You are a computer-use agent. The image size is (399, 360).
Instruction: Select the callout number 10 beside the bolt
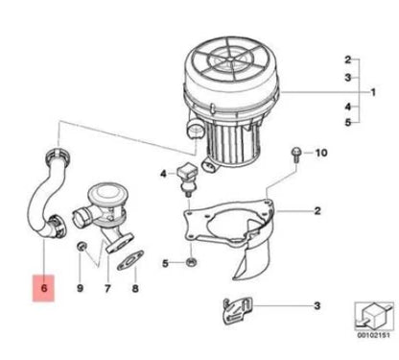tap(320, 154)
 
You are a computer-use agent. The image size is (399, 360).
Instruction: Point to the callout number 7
tap(106, 287)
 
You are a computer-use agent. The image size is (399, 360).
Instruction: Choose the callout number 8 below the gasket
tap(134, 287)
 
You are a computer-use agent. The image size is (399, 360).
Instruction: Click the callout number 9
tap(81, 287)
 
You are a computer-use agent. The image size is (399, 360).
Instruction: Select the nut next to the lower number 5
tap(192, 262)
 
